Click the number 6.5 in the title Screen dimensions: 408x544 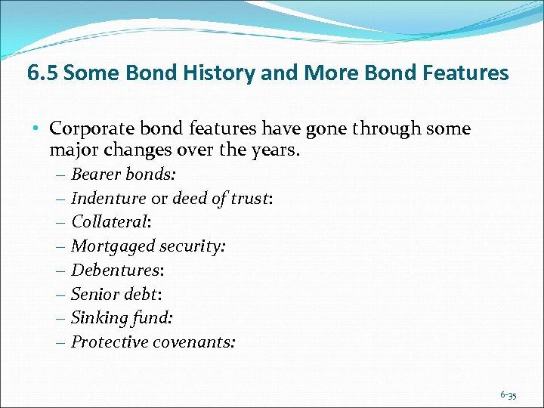click(42, 73)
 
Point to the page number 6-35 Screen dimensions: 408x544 click(508, 395)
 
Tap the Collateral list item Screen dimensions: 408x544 click(110, 222)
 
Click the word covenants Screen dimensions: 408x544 click(194, 342)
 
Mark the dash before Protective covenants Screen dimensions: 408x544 click(60, 342)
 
